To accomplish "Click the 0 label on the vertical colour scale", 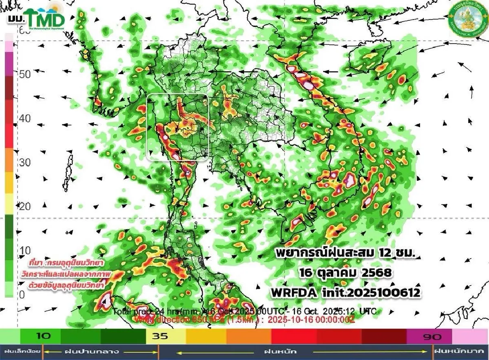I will (23, 294).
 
